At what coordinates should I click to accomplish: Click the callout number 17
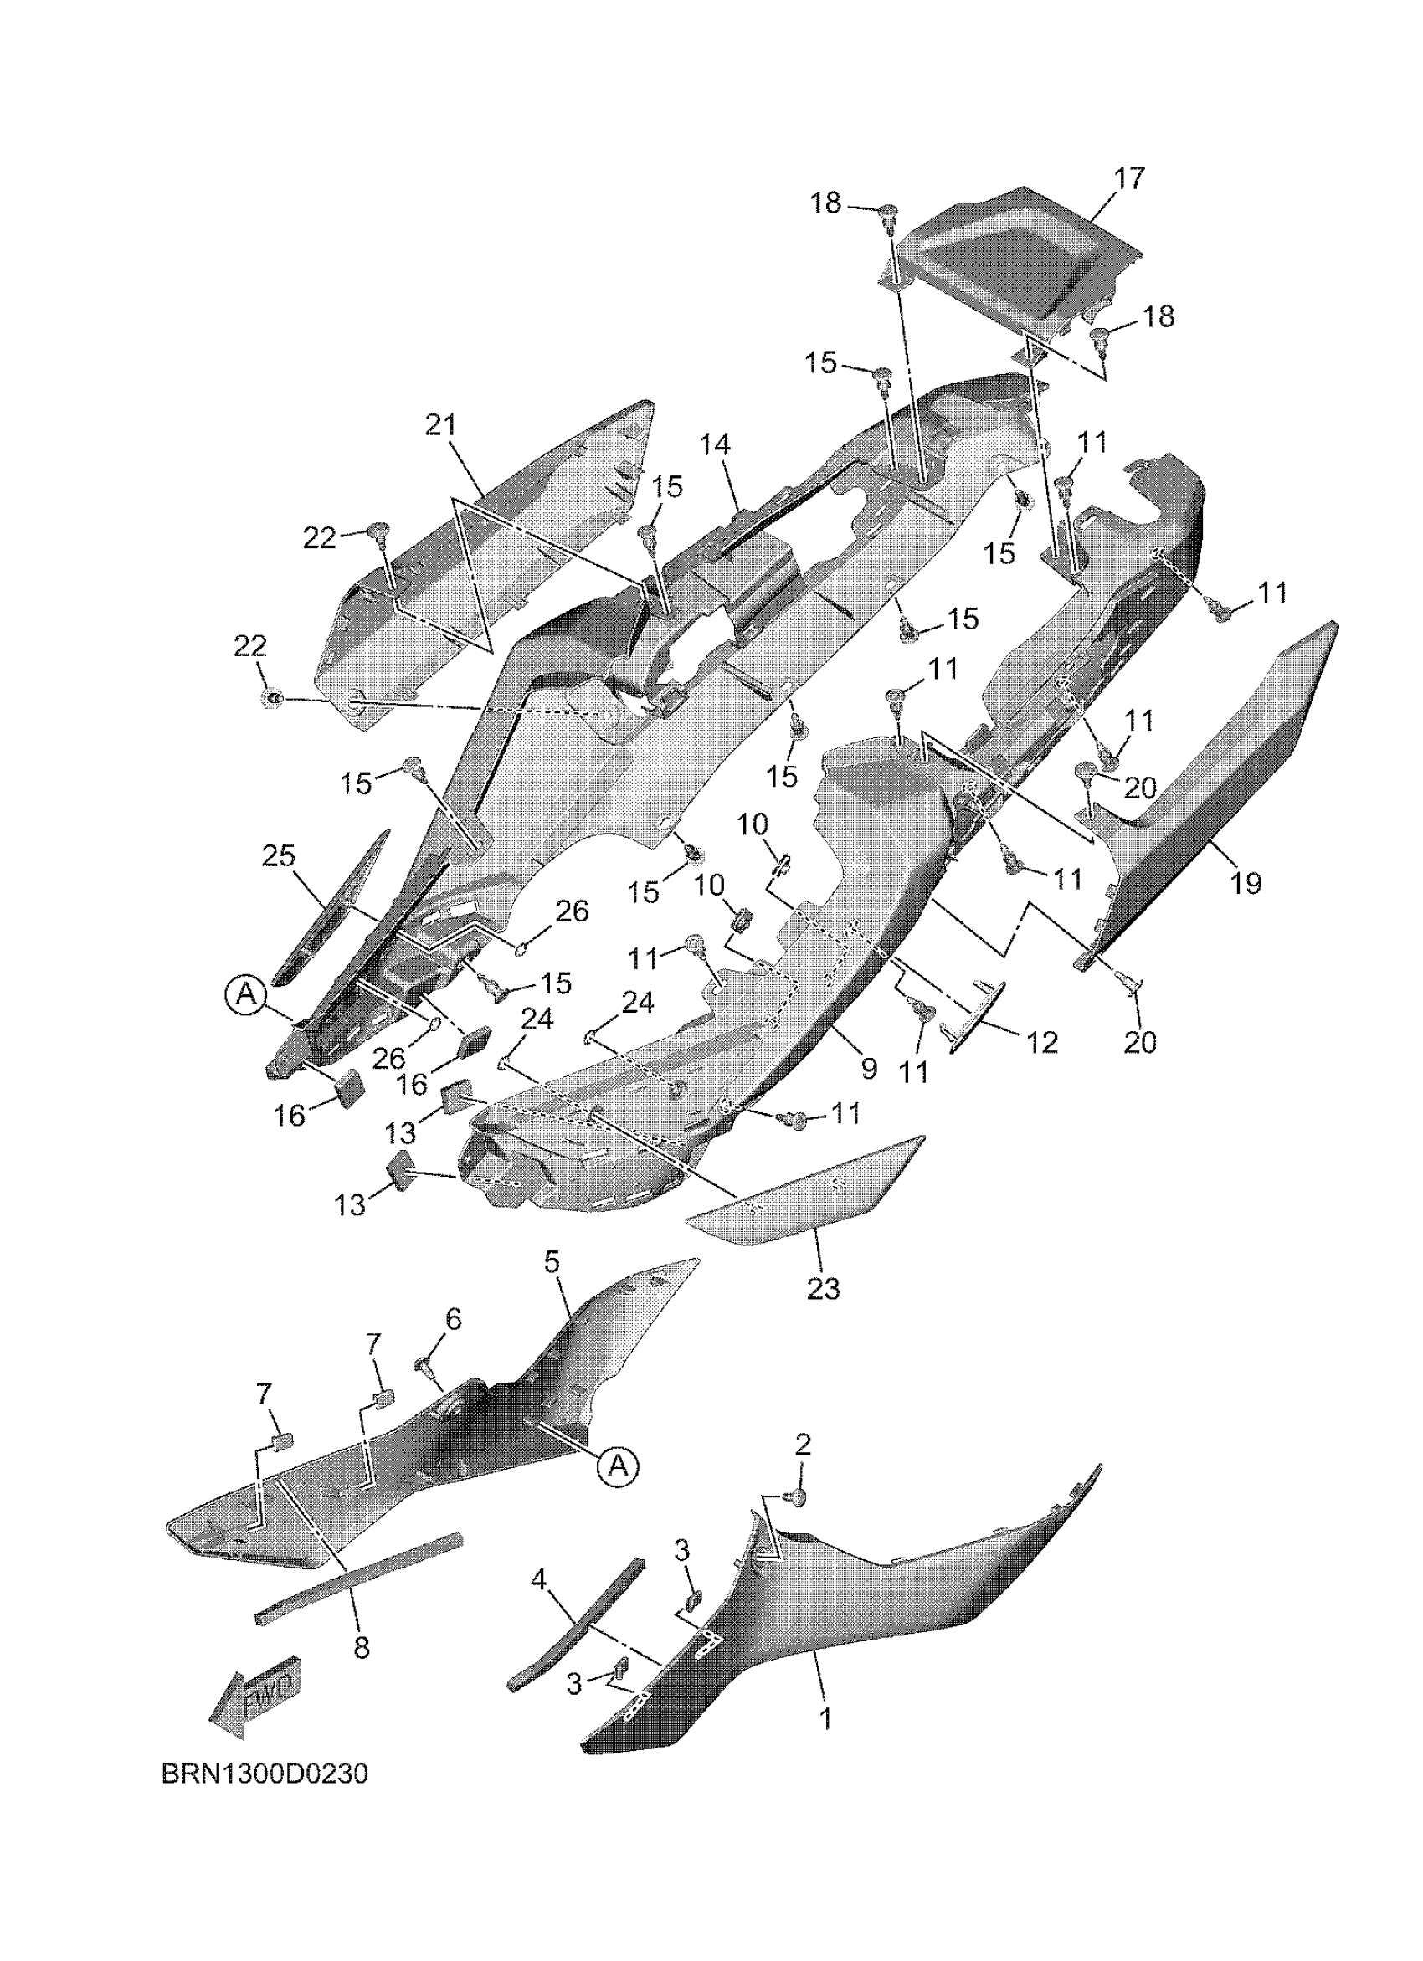pyautogui.click(x=1129, y=178)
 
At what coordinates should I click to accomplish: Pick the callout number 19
pyautogui.click(x=1246, y=883)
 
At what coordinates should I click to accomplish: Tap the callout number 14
pyautogui.click(x=715, y=444)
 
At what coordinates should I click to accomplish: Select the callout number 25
pyautogui.click(x=280, y=856)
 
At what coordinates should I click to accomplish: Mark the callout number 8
pyautogui.click(x=362, y=1648)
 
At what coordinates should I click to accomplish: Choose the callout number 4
pyautogui.click(x=538, y=1580)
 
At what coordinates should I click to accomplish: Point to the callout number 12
pyautogui.click(x=1044, y=1042)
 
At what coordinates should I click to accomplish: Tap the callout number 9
pyautogui.click(x=869, y=1069)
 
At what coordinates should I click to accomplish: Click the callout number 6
pyautogui.click(x=453, y=1343)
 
